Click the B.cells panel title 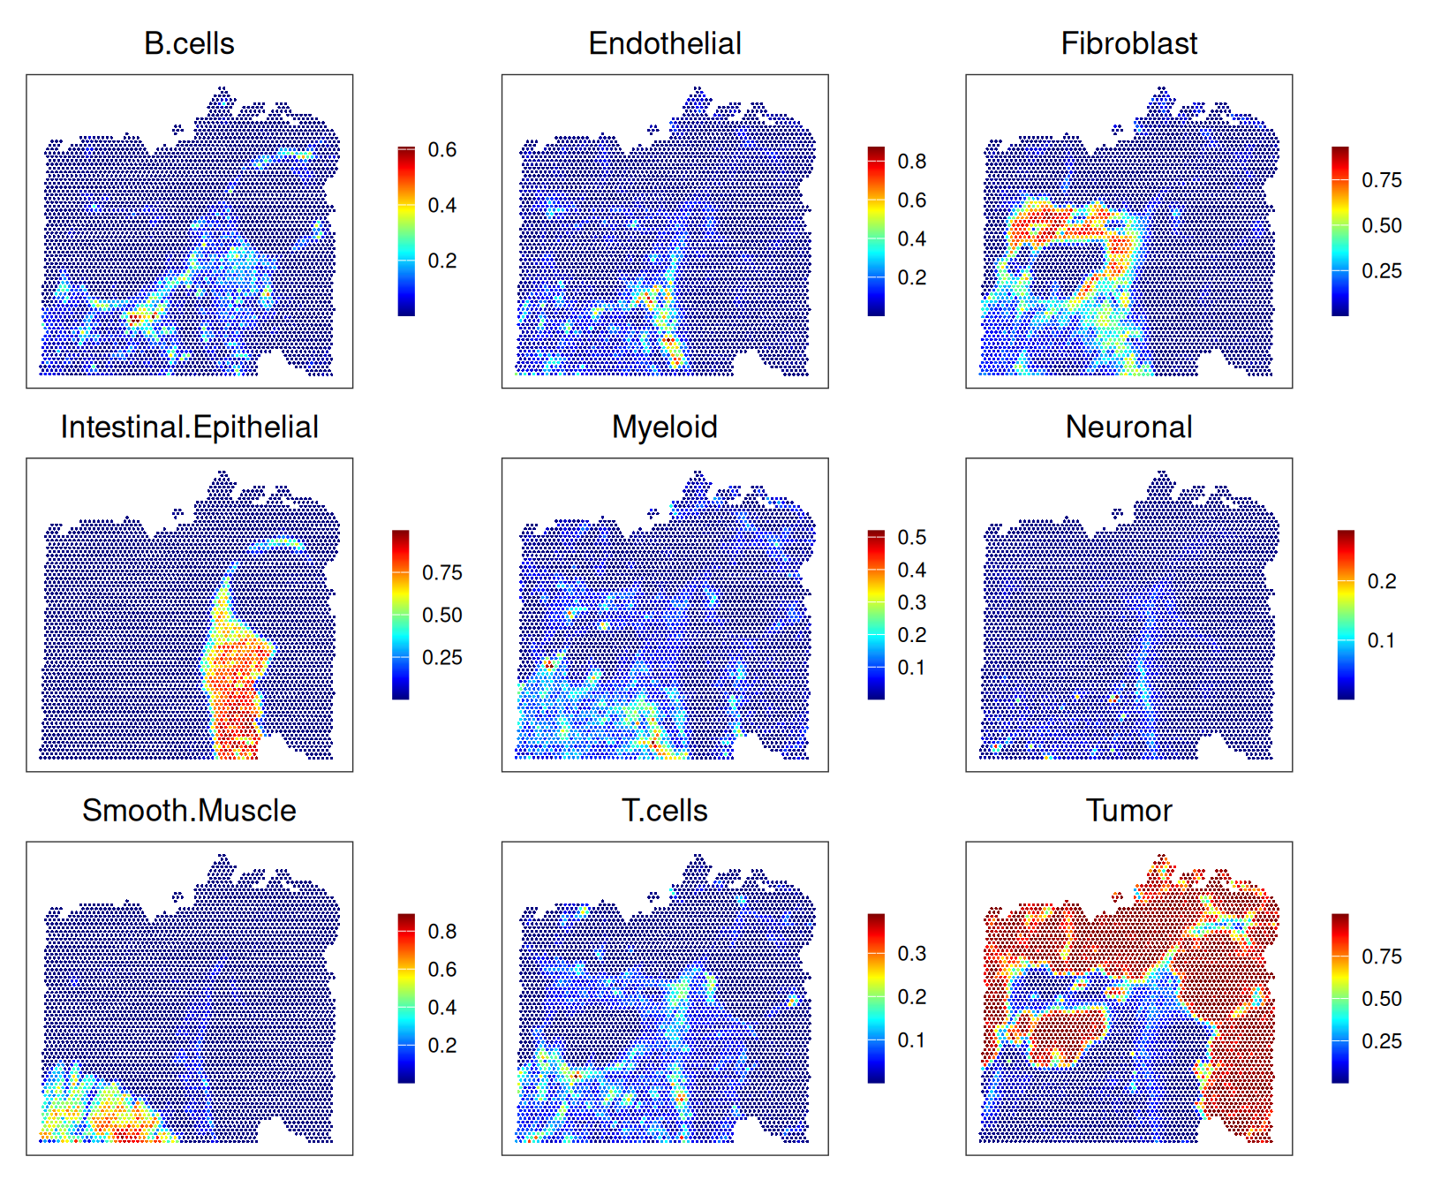pos(189,43)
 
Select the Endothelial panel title pos(665,43)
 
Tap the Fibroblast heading pos(1128,43)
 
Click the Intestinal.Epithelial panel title pos(189,427)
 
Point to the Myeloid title pos(665,427)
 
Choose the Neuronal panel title pos(1128,427)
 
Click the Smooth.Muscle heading pos(189,811)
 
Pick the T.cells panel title pos(665,811)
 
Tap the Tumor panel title pos(1128,811)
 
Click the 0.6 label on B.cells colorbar pos(442,150)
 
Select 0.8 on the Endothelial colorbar pos(912,162)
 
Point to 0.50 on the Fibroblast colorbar pos(1382,226)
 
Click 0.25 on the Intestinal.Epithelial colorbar pos(442,658)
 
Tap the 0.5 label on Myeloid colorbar pos(912,538)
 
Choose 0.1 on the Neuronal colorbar pos(1382,641)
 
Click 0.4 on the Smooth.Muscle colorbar pos(442,1008)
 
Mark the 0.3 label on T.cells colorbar pos(912,954)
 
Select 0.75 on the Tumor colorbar pos(1382,956)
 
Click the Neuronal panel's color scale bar pos(1346,615)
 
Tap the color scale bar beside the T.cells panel pos(876,998)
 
